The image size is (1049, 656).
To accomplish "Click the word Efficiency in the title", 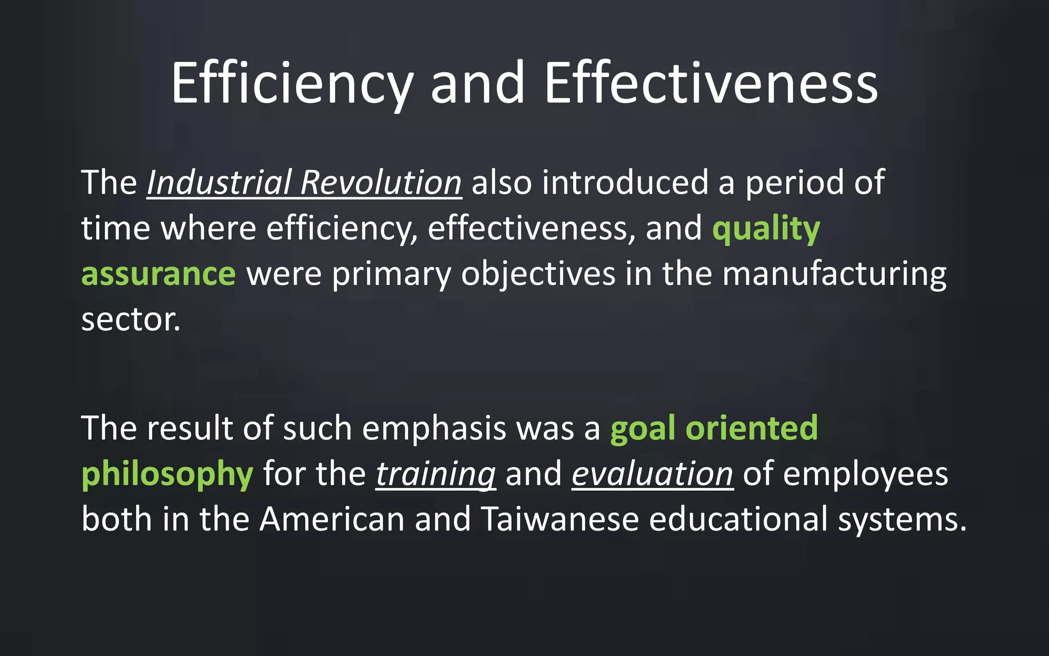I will pos(291,84).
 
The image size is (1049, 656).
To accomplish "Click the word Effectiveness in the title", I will pos(711,84).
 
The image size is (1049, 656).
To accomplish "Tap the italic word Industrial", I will pos(219,182).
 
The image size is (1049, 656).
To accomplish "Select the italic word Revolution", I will pos(381,182).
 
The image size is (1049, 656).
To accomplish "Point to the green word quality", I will pos(766,229).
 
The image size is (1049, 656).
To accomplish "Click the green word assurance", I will pos(158,274).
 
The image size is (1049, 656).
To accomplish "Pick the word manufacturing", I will pos(834,274).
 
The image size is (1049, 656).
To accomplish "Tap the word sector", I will pos(131,320).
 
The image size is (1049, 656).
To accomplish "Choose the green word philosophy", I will pos(167,474).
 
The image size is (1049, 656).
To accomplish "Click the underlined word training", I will pos(435,474).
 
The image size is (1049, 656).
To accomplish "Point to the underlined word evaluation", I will pos(652,474).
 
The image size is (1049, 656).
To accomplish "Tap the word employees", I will pos(865,474).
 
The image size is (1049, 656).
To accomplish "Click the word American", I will pos(332,519).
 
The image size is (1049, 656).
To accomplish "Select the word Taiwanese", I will pos(560,519).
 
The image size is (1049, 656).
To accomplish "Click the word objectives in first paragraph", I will pos(538,274).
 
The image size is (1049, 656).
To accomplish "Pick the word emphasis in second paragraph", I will pos(434,428).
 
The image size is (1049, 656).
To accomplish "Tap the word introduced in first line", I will pos(625,182).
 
